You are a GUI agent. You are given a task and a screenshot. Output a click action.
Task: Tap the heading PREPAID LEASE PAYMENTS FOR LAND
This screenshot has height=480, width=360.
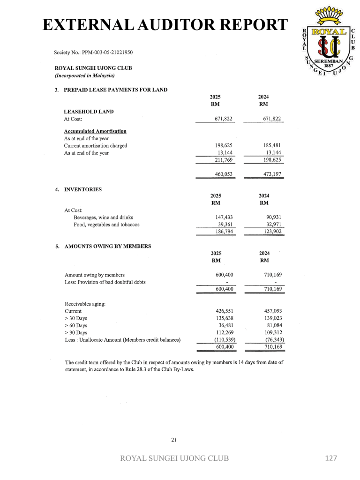115,90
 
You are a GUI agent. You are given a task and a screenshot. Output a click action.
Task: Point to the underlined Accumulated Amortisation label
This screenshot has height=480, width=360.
95,131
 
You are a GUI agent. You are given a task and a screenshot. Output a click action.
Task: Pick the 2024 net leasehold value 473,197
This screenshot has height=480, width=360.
272,174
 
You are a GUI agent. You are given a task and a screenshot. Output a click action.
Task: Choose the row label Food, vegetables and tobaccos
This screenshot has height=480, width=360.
106,225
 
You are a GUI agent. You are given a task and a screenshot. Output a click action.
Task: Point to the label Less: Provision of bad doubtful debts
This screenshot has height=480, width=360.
105,282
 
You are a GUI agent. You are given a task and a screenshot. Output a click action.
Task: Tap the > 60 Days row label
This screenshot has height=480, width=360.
76,325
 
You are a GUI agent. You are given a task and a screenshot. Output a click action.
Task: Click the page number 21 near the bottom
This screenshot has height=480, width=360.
174,440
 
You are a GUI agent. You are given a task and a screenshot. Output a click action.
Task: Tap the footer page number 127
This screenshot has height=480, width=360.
331,458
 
